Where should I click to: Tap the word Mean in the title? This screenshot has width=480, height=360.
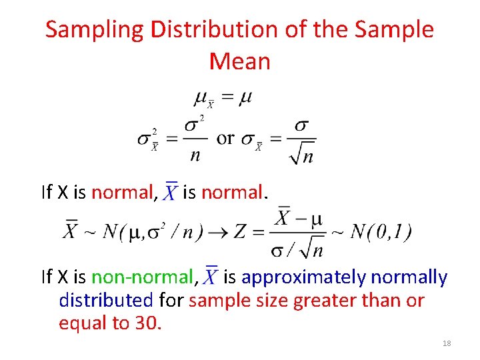click(x=239, y=61)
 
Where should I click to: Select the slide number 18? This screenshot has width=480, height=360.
click(x=447, y=343)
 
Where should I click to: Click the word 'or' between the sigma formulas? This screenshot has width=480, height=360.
click(x=225, y=138)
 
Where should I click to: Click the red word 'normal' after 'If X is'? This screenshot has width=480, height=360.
click(x=122, y=193)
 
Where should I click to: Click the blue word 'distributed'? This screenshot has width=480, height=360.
click(x=106, y=300)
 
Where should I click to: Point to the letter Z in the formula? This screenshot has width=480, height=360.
click(x=239, y=232)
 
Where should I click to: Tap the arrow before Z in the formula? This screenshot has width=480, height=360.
click(x=215, y=233)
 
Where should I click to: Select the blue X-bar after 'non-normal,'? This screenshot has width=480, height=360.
click(x=211, y=276)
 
